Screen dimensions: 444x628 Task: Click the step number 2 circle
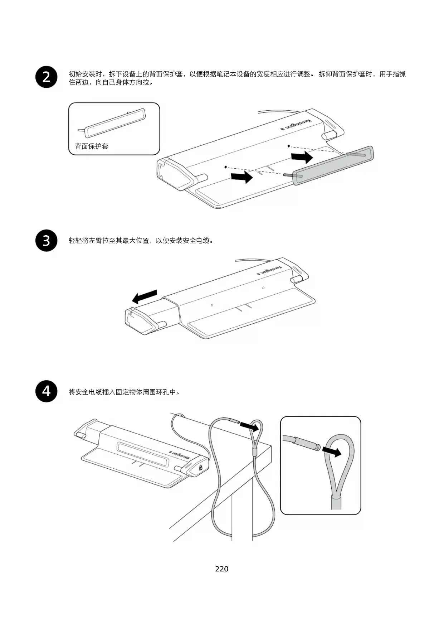[x=47, y=77]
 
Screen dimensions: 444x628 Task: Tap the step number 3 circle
[x=47, y=241]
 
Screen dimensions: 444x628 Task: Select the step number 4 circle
[x=47, y=391]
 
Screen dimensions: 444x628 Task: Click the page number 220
[x=222, y=569]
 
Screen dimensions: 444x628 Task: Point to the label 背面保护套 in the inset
[x=92, y=146]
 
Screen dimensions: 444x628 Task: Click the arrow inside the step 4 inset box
[x=332, y=451]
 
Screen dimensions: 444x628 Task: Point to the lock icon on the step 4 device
[x=201, y=467]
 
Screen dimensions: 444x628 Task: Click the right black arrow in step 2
[x=302, y=157]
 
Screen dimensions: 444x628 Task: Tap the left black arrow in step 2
[x=242, y=177]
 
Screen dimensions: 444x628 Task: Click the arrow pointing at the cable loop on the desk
[x=249, y=426]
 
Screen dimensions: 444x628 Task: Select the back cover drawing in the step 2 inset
[x=115, y=123]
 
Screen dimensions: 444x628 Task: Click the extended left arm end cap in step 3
[x=138, y=320]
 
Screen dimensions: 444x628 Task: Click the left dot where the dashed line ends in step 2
[x=225, y=167]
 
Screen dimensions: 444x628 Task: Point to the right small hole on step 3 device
[x=263, y=288]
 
